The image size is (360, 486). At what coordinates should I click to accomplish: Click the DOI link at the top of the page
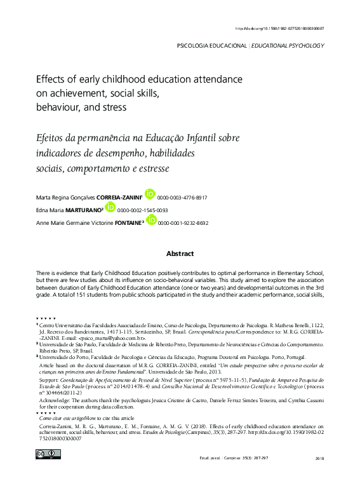[x=279, y=29]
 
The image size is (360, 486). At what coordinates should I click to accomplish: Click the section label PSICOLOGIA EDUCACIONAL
[x=211, y=46]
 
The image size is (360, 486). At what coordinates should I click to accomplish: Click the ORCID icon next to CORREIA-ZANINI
[x=150, y=194]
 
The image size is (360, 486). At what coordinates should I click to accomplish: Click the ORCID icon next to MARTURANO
[x=110, y=207]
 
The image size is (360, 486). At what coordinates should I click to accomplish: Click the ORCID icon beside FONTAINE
[x=151, y=220]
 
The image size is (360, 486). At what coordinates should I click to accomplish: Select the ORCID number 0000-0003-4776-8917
[x=183, y=198]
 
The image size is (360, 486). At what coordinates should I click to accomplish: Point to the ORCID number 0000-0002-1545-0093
[x=143, y=210]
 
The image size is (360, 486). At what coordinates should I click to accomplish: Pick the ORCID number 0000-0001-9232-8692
[x=183, y=223]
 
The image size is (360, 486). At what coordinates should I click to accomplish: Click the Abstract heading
[x=180, y=253]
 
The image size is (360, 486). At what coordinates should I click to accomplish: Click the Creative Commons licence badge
[x=48, y=453]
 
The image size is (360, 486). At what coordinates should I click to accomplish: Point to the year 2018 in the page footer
[x=319, y=458]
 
